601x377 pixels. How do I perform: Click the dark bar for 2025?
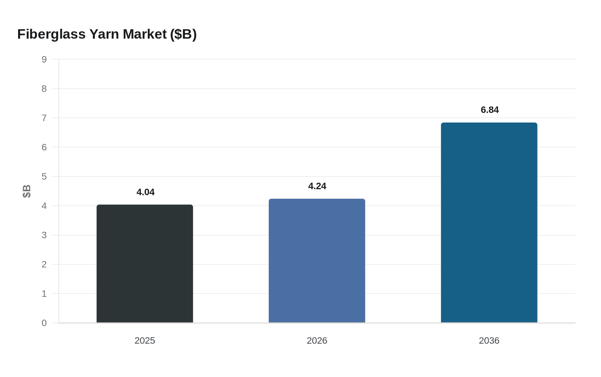145,263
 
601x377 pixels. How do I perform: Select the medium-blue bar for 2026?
317,260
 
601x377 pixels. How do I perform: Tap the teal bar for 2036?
489,223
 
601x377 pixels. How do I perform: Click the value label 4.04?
146,192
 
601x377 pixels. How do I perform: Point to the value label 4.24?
317,186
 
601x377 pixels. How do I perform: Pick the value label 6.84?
490,110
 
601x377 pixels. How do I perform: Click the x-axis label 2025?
145,341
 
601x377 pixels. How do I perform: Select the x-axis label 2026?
317,341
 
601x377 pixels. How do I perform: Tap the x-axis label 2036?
489,341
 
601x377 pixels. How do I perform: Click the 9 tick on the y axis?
44,60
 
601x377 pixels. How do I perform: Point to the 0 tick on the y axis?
44,323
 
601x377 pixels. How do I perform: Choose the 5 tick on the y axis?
44,177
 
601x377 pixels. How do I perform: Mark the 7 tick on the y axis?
44,118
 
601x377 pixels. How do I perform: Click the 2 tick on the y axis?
44,264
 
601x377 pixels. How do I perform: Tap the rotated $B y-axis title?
27,191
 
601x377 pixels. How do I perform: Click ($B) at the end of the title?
183,34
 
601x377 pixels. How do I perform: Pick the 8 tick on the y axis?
44,89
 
